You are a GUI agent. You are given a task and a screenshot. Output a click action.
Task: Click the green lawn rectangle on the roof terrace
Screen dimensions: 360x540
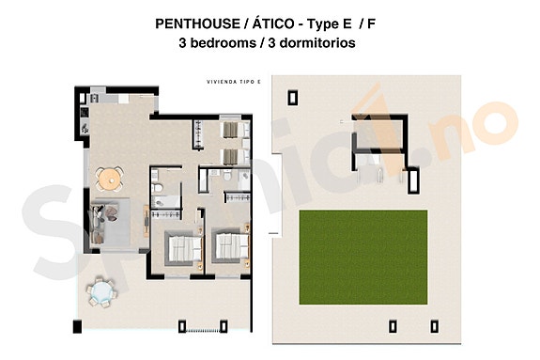pos(363,256)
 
